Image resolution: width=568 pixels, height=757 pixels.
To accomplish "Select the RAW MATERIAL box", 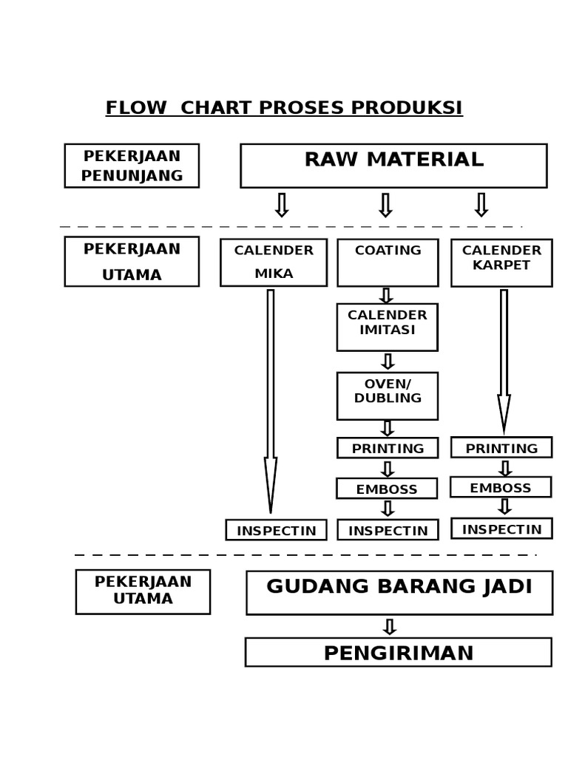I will coord(393,166).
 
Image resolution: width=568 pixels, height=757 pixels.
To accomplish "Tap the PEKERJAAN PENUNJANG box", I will coord(132,166).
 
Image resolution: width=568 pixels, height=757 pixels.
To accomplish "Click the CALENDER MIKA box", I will coord(274,262).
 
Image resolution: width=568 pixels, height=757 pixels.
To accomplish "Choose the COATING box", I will coord(388,262).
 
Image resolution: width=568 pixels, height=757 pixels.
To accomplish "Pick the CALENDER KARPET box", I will coord(501,262).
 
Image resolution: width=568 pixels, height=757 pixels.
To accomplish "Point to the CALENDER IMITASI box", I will coord(387,327).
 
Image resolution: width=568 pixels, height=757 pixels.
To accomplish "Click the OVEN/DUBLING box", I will coord(387,396).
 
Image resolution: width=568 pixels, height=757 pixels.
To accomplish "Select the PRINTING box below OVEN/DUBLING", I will coord(388,448).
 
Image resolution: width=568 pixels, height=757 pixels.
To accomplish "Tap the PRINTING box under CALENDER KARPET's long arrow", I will coord(501,447).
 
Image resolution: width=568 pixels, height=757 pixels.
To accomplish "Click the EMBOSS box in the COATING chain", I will coord(387,489).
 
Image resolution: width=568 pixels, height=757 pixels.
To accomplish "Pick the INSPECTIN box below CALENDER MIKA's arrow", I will coord(276,530).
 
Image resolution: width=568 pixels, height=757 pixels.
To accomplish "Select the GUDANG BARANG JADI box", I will coord(399,592).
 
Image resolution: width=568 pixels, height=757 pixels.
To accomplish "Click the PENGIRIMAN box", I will coord(399,652).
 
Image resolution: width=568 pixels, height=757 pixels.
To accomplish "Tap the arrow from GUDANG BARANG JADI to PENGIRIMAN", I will coord(390,627).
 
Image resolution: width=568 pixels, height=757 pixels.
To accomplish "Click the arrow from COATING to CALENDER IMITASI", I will coord(386,296).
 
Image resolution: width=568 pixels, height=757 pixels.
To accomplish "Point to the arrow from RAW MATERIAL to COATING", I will coord(385,205).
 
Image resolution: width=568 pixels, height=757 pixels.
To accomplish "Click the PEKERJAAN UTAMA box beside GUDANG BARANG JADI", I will coord(143,591).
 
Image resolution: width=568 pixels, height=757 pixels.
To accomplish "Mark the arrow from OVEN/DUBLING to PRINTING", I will coord(387,429).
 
